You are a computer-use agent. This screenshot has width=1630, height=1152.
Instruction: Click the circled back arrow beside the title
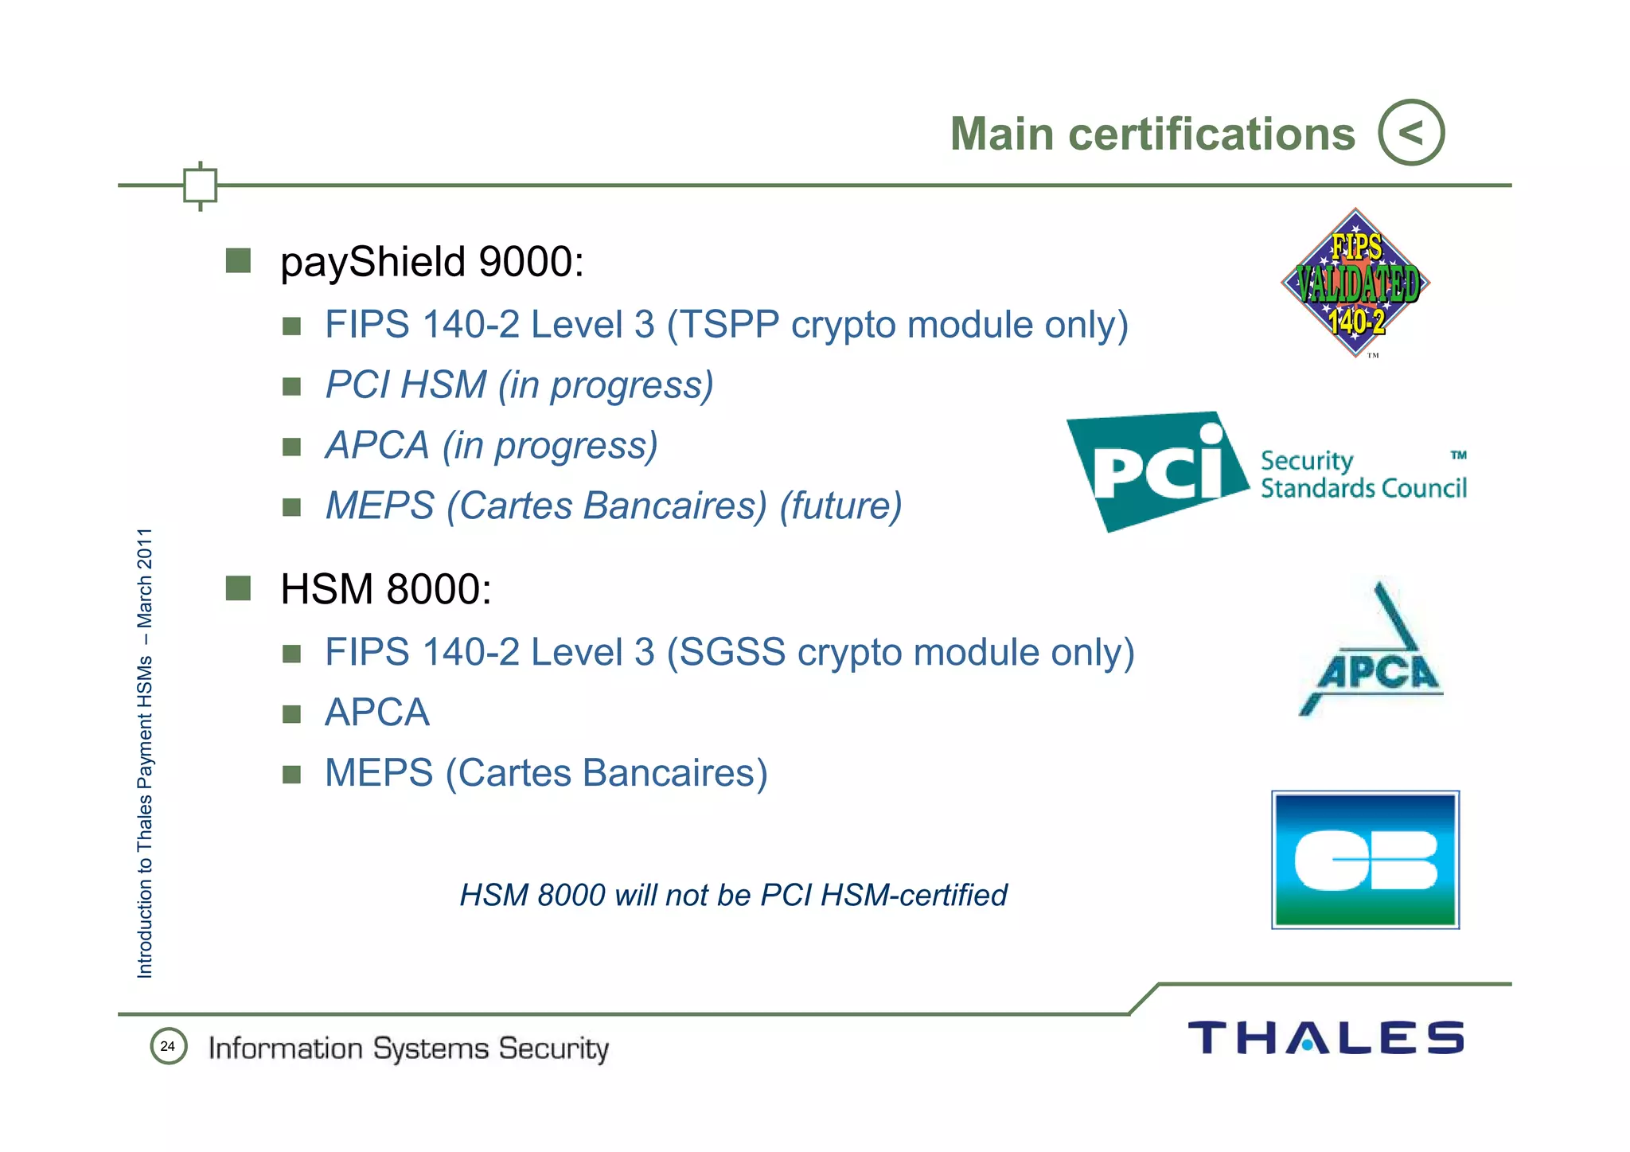tap(1411, 132)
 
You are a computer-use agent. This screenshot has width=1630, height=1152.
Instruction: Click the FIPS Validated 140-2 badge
tap(1355, 283)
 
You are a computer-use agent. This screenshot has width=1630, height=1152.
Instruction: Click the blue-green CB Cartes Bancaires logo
tap(1365, 860)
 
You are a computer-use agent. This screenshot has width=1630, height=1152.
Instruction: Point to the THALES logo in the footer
tap(1325, 1037)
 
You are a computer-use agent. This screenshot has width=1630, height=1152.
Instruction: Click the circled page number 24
tap(168, 1046)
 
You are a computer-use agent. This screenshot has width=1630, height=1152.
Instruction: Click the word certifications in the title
tap(1211, 134)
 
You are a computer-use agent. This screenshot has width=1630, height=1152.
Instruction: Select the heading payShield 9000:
tap(432, 262)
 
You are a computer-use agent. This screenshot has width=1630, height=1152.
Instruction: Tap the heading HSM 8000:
tap(386, 589)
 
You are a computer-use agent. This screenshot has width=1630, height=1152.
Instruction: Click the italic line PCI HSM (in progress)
tap(519, 385)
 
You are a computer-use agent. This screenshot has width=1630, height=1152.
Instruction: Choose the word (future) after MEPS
tap(840, 506)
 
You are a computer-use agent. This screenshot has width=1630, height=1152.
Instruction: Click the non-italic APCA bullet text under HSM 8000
tap(377, 713)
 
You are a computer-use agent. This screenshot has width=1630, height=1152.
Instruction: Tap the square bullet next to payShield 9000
tap(238, 260)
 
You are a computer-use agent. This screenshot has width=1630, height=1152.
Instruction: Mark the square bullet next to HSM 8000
tap(238, 588)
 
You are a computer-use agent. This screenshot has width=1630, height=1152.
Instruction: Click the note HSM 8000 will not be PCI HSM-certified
tap(733, 895)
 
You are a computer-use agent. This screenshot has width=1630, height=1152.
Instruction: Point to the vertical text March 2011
tap(145, 577)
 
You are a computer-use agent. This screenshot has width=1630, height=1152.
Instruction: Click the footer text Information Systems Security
tap(408, 1049)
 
